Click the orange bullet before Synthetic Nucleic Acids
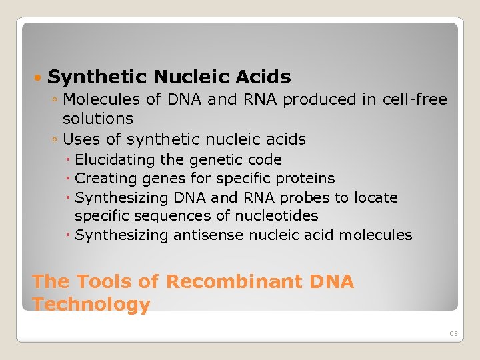point(38,78)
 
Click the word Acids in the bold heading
point(262,77)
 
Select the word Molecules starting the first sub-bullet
point(94,100)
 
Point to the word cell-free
point(415,100)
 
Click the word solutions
point(98,119)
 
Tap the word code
point(263,160)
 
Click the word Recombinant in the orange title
point(233,282)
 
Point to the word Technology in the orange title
point(91,305)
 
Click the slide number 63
point(453,333)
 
